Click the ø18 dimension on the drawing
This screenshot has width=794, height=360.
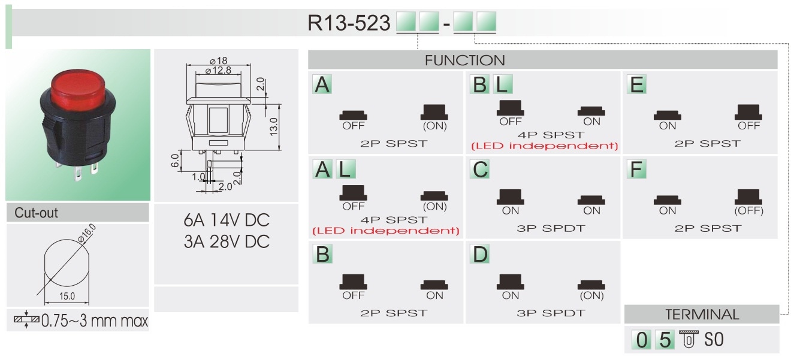[x=217, y=61]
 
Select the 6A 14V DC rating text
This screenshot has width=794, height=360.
[x=227, y=220]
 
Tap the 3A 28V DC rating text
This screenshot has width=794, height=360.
[x=227, y=241]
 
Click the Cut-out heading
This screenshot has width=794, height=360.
[x=37, y=213]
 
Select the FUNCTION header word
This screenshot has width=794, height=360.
[x=464, y=60]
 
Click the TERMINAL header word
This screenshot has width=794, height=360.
[x=702, y=314]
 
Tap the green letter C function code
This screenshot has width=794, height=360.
[x=480, y=170]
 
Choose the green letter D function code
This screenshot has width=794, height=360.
[x=480, y=255]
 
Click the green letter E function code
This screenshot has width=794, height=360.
[x=636, y=85]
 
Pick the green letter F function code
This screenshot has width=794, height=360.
[x=636, y=170]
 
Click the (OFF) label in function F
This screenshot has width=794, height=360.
[x=748, y=211]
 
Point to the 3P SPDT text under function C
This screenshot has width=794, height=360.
[x=550, y=228]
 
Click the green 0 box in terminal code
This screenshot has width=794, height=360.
[x=641, y=340]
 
